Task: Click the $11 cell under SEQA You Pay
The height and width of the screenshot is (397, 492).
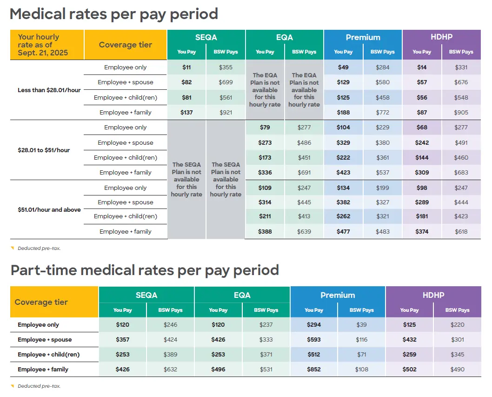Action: point(186,67)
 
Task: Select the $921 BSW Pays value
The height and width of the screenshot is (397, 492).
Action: point(226,112)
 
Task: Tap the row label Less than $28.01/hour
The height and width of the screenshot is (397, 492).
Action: point(49,90)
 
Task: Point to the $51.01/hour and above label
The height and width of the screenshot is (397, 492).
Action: point(49,209)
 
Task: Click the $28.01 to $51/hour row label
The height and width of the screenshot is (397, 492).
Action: point(44,150)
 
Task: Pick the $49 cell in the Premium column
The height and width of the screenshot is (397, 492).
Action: point(343,67)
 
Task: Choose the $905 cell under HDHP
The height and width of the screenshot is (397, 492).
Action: point(461,112)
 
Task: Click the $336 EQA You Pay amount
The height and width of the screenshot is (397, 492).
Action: point(265,173)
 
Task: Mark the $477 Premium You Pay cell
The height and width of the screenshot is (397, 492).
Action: point(343,231)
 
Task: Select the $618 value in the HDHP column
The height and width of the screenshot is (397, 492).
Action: point(461,231)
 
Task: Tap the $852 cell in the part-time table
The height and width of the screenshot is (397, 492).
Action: point(313,370)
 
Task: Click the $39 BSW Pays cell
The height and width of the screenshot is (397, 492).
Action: point(361,325)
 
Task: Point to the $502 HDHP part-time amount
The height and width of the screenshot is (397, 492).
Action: point(409,370)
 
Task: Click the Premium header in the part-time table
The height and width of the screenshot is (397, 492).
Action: point(338,295)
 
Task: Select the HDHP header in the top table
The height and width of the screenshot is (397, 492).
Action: point(441,37)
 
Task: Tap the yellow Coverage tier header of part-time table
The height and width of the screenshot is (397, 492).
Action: point(41,302)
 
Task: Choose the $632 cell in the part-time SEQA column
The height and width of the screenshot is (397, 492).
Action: point(170,370)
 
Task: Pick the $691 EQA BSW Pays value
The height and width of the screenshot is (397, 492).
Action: point(304,173)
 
